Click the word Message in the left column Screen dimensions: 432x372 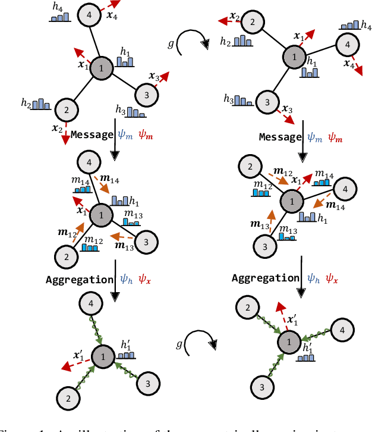click(x=91, y=134)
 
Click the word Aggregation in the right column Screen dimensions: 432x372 click(x=264, y=278)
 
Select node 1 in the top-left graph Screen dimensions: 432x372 click(x=102, y=69)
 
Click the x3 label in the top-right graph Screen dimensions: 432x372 click(x=288, y=109)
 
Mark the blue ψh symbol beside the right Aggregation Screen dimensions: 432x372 click(x=313, y=278)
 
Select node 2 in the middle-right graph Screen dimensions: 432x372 click(x=250, y=168)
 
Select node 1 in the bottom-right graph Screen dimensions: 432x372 click(x=289, y=342)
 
